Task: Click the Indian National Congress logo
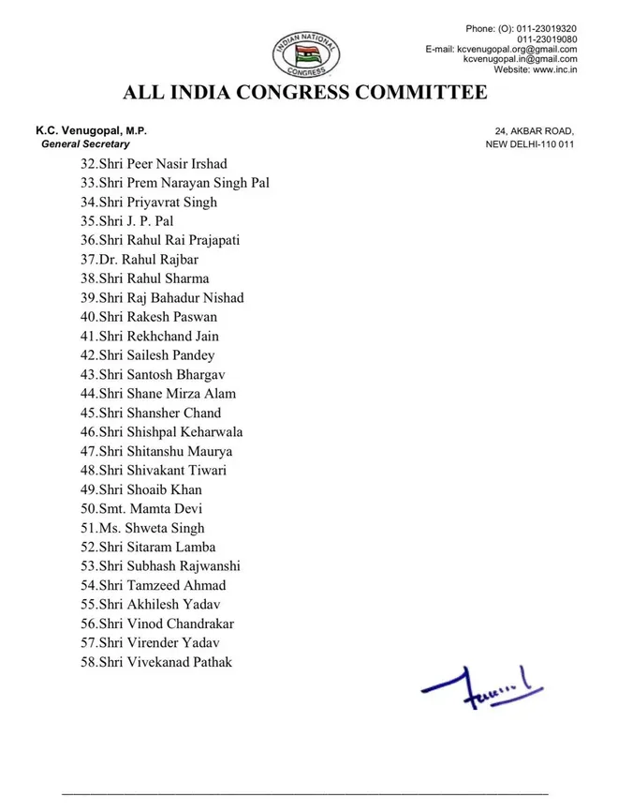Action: [306, 54]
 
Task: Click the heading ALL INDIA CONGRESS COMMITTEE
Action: [305, 93]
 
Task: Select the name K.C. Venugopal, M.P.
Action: [91, 131]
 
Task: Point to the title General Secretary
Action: [85, 144]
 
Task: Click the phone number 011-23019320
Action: [544, 28]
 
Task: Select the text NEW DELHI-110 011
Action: [529, 144]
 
